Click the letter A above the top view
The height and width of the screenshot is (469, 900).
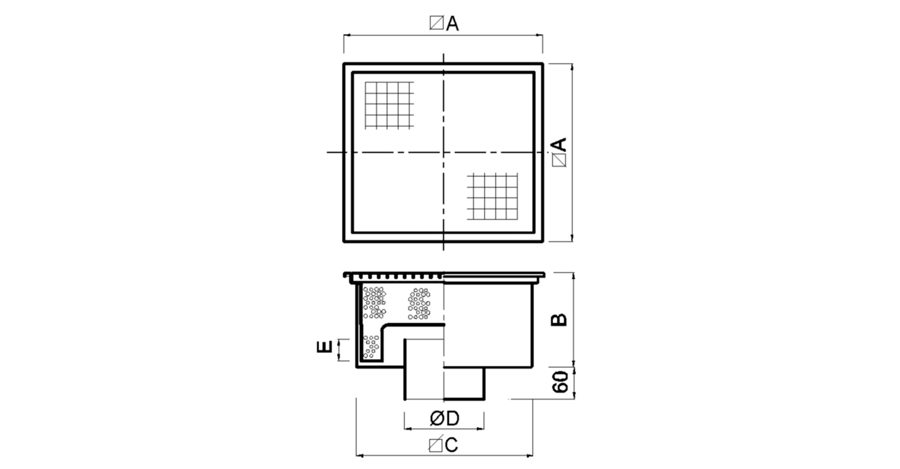[x=452, y=23]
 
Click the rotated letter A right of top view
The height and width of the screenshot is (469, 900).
[x=559, y=144]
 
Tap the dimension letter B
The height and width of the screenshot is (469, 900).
[x=559, y=319]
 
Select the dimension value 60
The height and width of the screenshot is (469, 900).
[x=560, y=382]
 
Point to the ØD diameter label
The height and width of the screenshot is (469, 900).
[x=445, y=419]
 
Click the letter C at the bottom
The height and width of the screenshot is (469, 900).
[x=451, y=445]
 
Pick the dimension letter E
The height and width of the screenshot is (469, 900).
[x=325, y=346]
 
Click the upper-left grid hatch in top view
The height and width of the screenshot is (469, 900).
[x=389, y=105]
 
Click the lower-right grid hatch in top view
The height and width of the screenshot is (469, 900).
[x=492, y=196]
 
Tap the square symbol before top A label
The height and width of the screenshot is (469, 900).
[x=437, y=23]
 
